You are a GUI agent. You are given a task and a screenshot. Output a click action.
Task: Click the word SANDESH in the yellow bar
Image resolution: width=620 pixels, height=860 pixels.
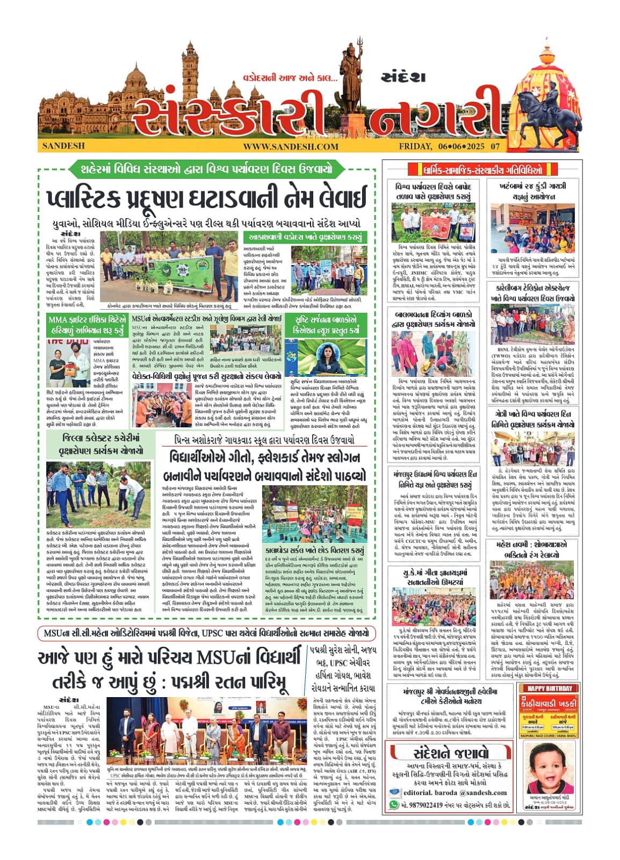pyautogui.click(x=63, y=146)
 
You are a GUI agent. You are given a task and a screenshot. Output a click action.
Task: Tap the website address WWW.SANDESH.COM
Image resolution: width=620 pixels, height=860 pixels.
pyautogui.click(x=290, y=146)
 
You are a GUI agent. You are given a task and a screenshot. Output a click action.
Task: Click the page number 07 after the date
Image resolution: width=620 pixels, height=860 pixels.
pyautogui.click(x=495, y=146)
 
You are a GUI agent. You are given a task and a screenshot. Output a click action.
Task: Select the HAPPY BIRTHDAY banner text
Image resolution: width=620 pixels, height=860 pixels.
pyautogui.click(x=549, y=689)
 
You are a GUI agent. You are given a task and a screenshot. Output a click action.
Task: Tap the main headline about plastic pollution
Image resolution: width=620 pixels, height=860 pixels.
pyautogui.click(x=207, y=198)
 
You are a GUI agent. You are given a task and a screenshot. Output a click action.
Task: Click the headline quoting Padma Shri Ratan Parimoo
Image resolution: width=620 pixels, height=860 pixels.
pyautogui.click(x=171, y=670)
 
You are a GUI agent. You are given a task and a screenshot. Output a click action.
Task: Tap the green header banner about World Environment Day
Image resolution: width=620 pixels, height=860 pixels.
pyautogui.click(x=207, y=169)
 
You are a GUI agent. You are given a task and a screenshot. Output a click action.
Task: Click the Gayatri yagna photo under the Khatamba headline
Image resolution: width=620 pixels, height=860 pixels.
pyautogui.click(x=532, y=228)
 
